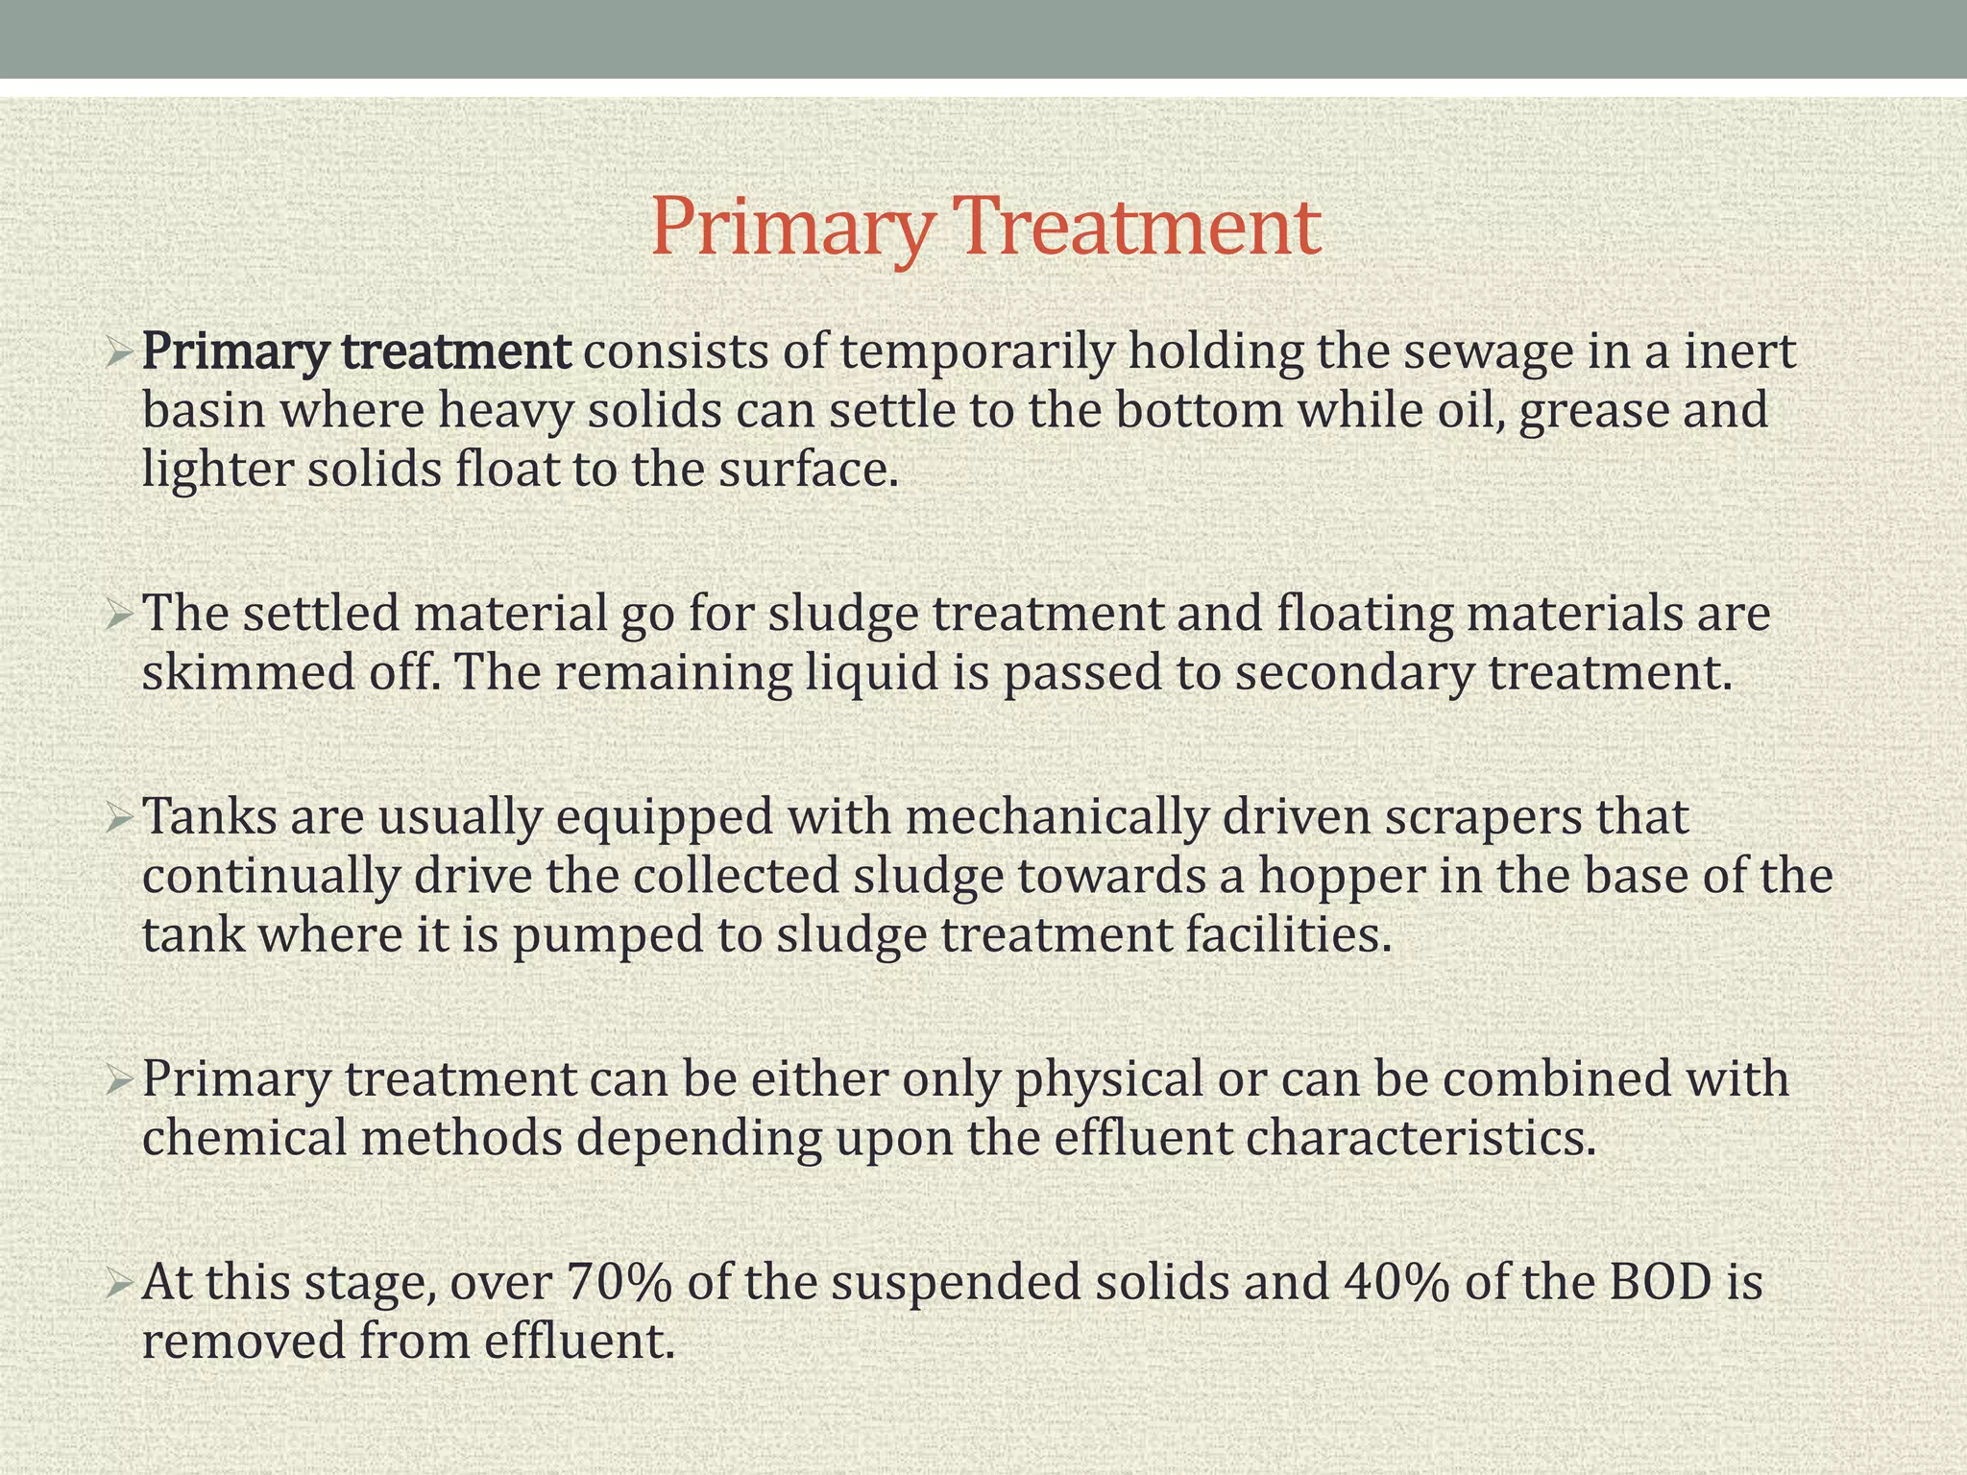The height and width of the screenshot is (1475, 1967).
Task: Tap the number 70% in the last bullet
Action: pyautogui.click(x=619, y=1283)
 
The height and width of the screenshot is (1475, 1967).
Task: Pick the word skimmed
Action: pyautogui.click(x=249, y=672)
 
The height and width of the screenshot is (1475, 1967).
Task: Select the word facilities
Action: pyautogui.click(x=1288, y=934)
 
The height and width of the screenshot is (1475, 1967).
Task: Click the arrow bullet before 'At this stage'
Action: pyautogui.click(x=119, y=1284)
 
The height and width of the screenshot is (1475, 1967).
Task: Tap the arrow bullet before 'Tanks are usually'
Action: pyautogui.click(x=119, y=818)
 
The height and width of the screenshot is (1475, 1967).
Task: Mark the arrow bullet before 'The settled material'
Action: pyautogui.click(x=119, y=614)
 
